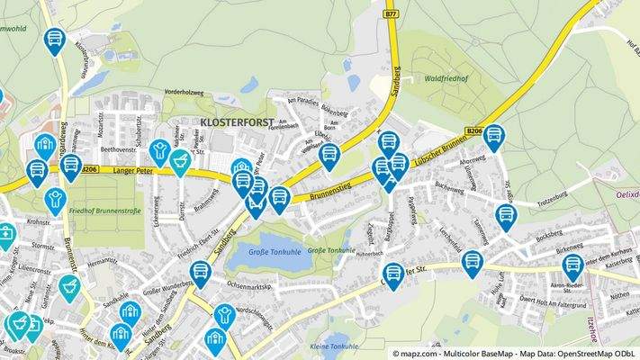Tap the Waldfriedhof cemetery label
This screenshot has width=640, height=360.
pos(446,78)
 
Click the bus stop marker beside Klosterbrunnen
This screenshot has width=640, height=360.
pos(56,40)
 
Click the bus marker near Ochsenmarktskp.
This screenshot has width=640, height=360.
pos(199,274)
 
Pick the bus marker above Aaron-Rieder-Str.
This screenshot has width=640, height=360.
pos(572,266)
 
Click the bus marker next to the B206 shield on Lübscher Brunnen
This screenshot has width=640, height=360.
pos(493,138)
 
